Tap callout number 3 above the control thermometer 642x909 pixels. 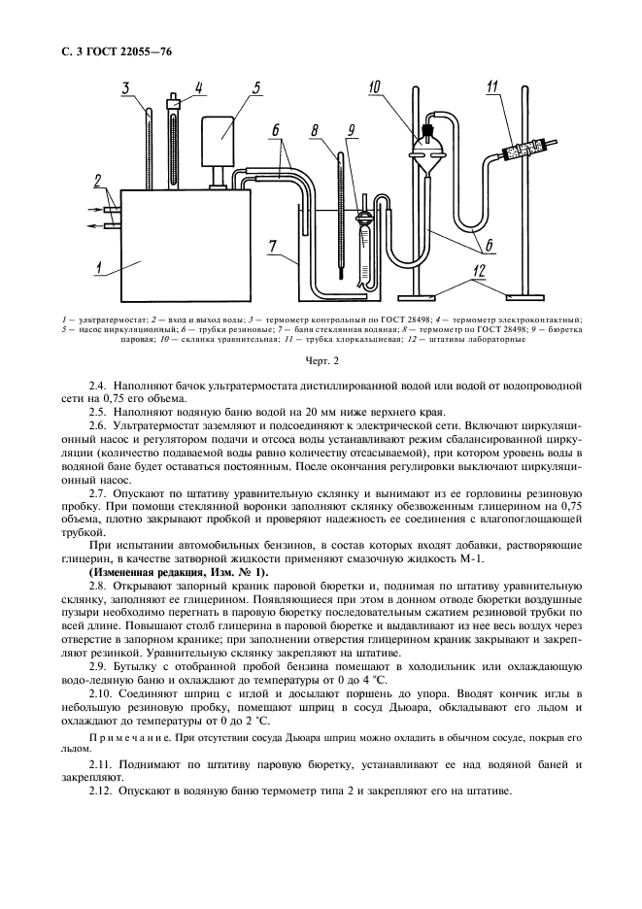coord(126,89)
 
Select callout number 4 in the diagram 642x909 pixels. coord(198,88)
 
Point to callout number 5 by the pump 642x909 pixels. coord(256,88)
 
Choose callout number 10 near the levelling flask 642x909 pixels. coord(374,89)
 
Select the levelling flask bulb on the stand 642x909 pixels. coord(428,149)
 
